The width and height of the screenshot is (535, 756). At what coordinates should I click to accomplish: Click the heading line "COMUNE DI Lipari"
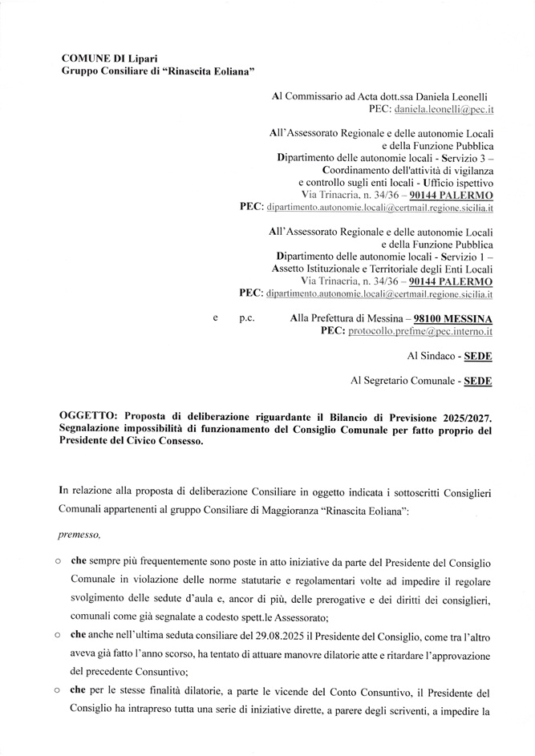110,59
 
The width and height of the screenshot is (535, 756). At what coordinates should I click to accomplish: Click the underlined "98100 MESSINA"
452,318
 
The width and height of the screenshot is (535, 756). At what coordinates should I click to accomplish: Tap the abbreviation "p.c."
246,318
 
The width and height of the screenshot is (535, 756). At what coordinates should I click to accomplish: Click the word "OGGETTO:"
87,417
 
